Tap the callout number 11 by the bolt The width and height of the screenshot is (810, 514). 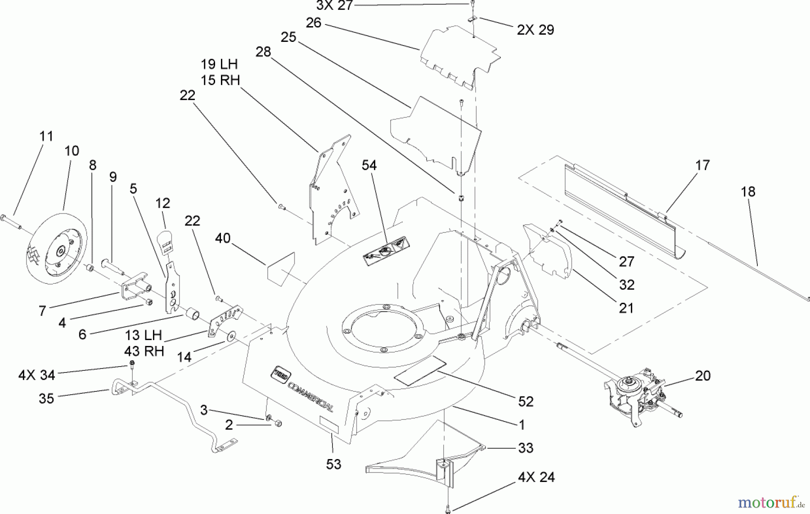point(46,136)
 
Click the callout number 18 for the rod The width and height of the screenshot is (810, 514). point(748,191)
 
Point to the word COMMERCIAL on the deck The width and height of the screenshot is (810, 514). point(310,396)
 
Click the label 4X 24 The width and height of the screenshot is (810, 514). point(536,477)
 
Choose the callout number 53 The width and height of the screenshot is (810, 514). point(333,464)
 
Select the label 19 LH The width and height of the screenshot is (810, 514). point(219,64)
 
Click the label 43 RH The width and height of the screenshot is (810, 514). point(144,351)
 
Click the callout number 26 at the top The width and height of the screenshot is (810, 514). point(313,23)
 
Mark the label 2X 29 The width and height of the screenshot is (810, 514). point(535,30)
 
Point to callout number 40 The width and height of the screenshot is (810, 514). point(223,238)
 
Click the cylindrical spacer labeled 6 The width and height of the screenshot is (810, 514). point(193,313)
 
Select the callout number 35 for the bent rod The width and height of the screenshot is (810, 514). point(46,398)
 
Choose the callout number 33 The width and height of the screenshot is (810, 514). point(526,448)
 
